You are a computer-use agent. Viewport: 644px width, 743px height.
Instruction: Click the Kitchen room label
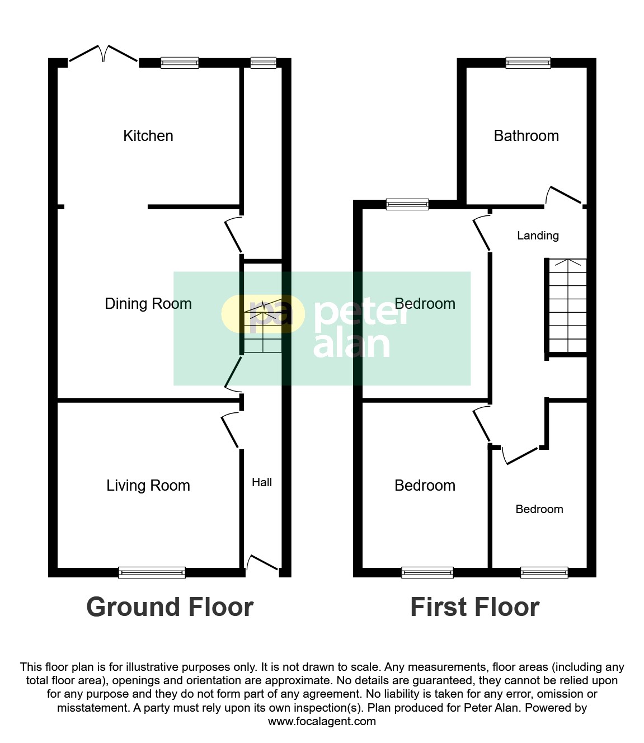point(148,136)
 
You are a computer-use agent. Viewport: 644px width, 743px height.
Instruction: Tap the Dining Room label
point(148,304)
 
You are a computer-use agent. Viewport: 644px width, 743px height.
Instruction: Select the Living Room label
point(148,486)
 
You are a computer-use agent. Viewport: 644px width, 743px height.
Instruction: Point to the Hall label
point(262,482)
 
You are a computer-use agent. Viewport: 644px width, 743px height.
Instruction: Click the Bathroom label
point(526,136)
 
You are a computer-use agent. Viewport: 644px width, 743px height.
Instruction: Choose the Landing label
point(538,236)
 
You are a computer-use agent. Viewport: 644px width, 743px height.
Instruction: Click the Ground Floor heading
point(170,607)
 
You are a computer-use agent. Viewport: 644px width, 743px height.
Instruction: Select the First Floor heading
point(474,607)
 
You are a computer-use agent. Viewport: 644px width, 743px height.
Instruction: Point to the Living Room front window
point(152,572)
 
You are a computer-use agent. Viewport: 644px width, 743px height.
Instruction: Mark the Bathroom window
point(528,63)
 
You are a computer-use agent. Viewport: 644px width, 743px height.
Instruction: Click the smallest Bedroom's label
point(539,509)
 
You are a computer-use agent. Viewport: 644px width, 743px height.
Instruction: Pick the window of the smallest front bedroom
point(544,572)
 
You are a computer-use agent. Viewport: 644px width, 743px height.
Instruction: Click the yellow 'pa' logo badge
point(263,314)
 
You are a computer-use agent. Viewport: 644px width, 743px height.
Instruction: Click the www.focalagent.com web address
point(322,721)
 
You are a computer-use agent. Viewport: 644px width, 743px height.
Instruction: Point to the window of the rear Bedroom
point(407,204)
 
